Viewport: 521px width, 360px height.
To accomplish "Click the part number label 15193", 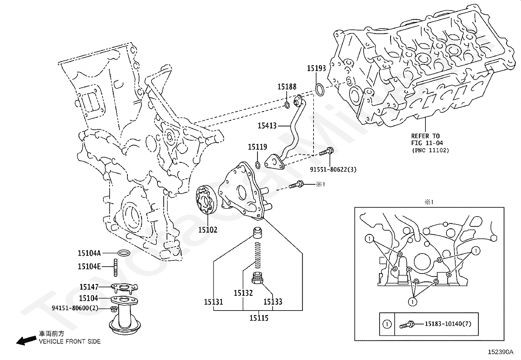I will coord(316,68).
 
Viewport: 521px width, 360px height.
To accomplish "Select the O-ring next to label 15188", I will coord(287,105).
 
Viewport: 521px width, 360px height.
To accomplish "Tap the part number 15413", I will coord(267,125).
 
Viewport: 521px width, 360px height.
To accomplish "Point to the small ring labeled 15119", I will coord(258,164).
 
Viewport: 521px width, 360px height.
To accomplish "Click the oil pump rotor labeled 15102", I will coord(206,200).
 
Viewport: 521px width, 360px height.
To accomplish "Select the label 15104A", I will coord(89,253).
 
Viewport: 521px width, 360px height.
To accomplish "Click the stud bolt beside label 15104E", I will coord(116,267).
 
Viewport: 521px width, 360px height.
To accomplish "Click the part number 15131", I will coord(213,302).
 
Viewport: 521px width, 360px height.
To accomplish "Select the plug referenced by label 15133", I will coord(259,278).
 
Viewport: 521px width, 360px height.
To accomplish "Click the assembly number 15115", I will coord(259,318).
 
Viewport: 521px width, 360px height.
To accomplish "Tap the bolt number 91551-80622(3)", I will coord(333,169).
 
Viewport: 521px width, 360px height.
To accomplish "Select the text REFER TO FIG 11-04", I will coord(425,139).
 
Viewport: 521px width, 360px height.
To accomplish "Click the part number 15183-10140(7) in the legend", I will coord(448,324).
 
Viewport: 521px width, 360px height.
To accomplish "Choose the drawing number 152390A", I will coord(501,352).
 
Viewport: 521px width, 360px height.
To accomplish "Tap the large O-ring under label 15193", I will coord(320,89).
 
